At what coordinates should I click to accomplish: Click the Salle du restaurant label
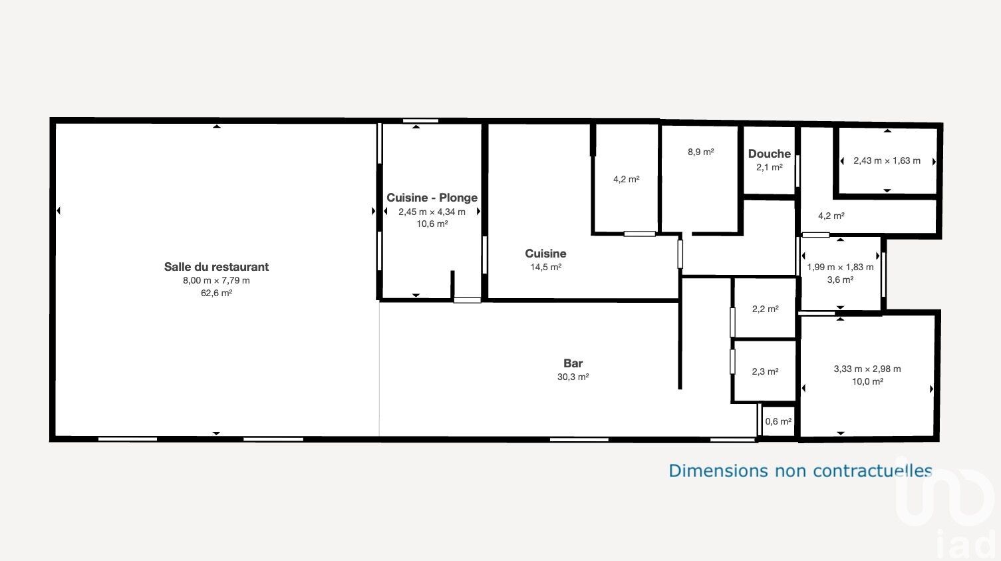point(216,267)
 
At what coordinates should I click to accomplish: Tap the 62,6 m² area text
point(216,293)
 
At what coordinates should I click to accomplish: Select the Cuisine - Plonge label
point(432,198)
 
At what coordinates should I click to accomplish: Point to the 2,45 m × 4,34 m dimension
point(432,212)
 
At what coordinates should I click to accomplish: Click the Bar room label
point(573,363)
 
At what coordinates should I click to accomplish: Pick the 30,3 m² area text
point(573,377)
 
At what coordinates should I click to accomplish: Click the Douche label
point(769,154)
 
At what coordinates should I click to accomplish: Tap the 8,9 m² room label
point(701,152)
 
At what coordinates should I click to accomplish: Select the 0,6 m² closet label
point(778,421)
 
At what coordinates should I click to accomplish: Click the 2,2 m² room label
point(765,309)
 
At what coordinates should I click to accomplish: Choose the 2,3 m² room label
point(765,371)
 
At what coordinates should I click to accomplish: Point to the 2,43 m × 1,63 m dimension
point(887,161)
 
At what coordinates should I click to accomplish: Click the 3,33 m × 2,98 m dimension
point(867,369)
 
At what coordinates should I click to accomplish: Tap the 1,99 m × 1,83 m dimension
point(839,268)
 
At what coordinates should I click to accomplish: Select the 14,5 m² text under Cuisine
point(545,268)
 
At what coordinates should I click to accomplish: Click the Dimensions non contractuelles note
point(800,470)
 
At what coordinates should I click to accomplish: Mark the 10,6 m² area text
point(432,224)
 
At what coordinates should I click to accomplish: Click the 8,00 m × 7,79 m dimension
point(216,281)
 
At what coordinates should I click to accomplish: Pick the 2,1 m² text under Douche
point(769,168)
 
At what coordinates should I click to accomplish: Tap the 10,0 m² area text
point(867,382)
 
